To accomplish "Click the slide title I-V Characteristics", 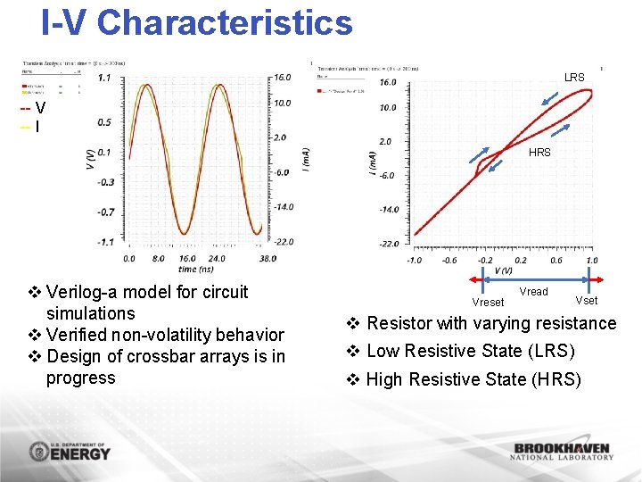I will click(197, 23).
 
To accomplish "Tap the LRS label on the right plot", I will click(574, 78).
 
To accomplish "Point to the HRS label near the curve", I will click(539, 153).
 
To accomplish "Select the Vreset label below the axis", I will click(488, 303).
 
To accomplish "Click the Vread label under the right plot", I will click(533, 292).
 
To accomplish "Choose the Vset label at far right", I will click(587, 301).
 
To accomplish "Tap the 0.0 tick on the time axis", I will click(129, 259).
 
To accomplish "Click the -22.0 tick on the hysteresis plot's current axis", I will click(388, 244).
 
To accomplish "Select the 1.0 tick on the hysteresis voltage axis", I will click(591, 261).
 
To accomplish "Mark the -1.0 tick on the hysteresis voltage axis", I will click(415, 261).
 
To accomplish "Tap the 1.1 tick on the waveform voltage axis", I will click(104, 78).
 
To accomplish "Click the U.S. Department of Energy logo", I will click(70, 452).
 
